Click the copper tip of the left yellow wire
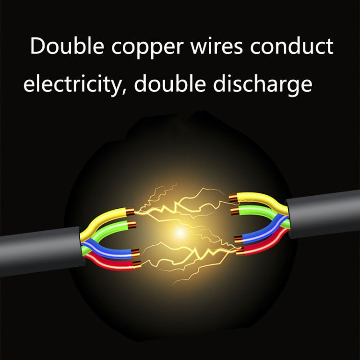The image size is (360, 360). tap(131, 212)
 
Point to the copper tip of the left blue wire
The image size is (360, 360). tap(134, 252)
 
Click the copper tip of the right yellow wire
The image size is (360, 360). tap(232, 197)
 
